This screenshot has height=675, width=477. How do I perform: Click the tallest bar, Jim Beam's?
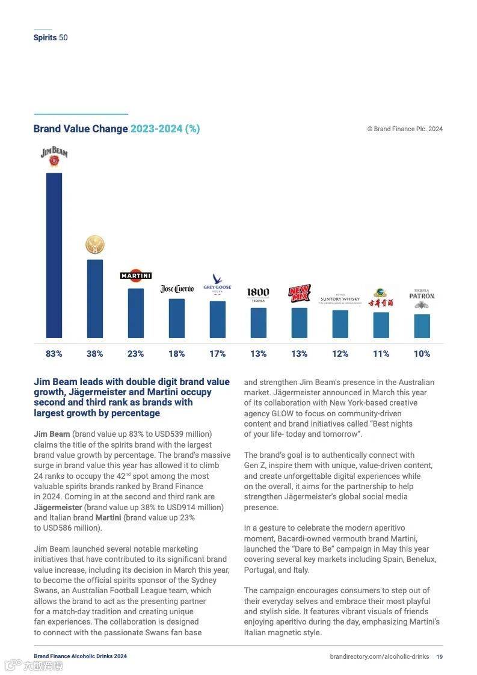[x=54, y=256]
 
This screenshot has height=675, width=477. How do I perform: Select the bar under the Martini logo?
[x=136, y=313]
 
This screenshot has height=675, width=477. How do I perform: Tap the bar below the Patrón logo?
[x=422, y=325]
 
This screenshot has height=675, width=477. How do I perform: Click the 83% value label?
[x=54, y=354]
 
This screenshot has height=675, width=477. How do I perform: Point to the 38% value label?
[x=95, y=354]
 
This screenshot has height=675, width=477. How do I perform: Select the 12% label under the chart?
[x=340, y=354]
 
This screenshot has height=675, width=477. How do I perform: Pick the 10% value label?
[x=422, y=354]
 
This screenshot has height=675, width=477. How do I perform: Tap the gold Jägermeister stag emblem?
[x=95, y=245]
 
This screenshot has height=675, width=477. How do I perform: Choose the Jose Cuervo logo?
[x=177, y=289]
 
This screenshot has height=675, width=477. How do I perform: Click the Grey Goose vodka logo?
[x=218, y=283]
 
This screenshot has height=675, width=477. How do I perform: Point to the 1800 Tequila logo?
[x=258, y=294]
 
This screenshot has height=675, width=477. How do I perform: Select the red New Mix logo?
[x=299, y=294]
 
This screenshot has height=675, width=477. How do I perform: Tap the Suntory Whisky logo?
[x=340, y=299]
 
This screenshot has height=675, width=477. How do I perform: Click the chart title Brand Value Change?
[x=81, y=129]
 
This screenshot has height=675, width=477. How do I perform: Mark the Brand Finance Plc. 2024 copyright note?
[x=405, y=129]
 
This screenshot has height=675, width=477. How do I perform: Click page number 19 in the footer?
[x=440, y=656]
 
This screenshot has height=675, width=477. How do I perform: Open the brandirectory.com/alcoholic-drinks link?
[x=379, y=656]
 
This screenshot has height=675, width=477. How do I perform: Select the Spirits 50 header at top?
[x=51, y=37]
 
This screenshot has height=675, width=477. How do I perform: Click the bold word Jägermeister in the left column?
[x=58, y=507]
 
